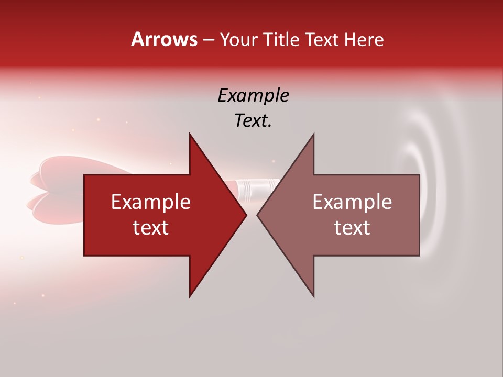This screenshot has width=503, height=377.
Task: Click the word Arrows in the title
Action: (x=164, y=39)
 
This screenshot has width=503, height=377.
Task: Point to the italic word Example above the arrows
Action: (x=253, y=95)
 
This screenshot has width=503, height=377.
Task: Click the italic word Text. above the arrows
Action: (x=253, y=121)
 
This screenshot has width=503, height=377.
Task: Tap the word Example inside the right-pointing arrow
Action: (x=150, y=202)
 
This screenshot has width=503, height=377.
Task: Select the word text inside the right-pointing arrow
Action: (x=150, y=228)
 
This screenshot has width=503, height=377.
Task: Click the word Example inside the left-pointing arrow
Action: (x=352, y=202)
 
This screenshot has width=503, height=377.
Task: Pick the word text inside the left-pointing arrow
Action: (x=352, y=228)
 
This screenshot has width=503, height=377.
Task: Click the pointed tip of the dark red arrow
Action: (x=246, y=215)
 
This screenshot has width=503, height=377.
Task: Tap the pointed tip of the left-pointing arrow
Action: (x=257, y=215)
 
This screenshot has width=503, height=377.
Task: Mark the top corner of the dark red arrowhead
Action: (x=190, y=134)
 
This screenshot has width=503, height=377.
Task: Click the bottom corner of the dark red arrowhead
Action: (x=190, y=296)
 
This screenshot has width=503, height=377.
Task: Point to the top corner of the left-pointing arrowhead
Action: (x=313, y=134)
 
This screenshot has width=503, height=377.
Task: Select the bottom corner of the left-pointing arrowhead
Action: (x=313, y=296)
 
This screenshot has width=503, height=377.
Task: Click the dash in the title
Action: (x=208, y=40)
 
